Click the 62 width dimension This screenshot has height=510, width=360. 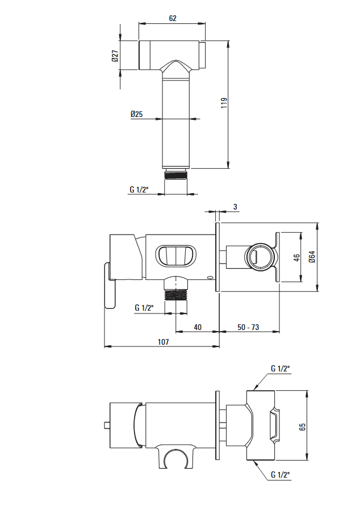coord(173,18)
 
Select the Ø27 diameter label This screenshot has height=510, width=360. coord(115,56)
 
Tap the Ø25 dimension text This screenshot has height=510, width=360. coord(137,114)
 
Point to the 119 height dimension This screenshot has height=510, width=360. coord(224,103)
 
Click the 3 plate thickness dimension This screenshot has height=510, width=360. coord(235,207)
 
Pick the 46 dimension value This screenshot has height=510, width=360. coord(296,258)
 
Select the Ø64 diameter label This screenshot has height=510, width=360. coord(312,257)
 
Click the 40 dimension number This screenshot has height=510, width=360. coord(198,327)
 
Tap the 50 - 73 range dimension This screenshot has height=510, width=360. coord(248,327)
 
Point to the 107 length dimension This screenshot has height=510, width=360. coord(164,342)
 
